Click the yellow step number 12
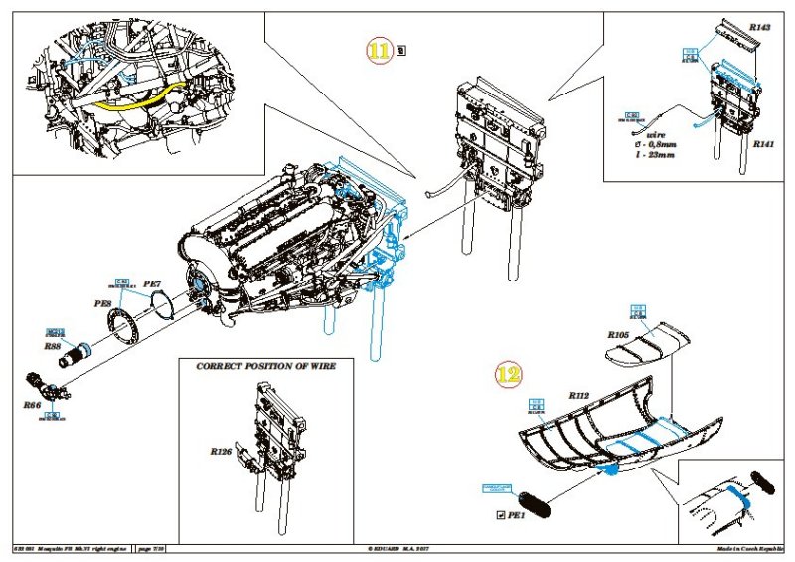507,376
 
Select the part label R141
763,144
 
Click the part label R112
580,396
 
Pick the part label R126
220,451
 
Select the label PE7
152,284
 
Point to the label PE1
516,515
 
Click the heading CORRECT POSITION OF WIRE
265,366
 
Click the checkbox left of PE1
500,515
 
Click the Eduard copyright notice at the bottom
397,548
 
